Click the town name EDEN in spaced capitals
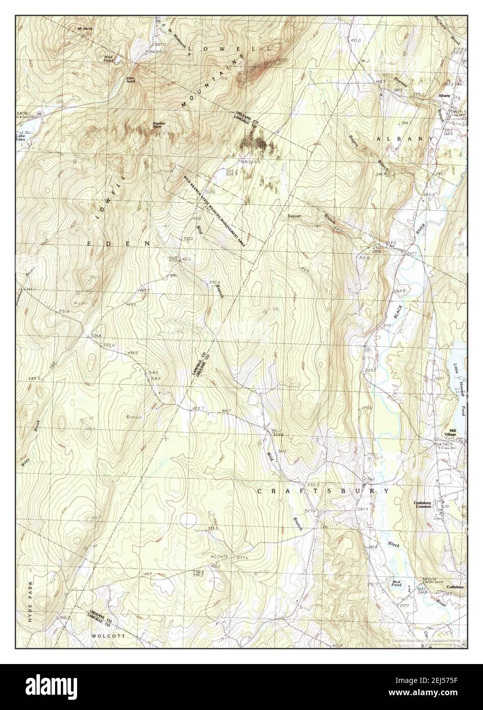point(118,244)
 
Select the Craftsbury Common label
point(423,505)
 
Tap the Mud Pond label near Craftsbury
point(396,583)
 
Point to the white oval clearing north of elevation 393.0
point(188,520)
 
